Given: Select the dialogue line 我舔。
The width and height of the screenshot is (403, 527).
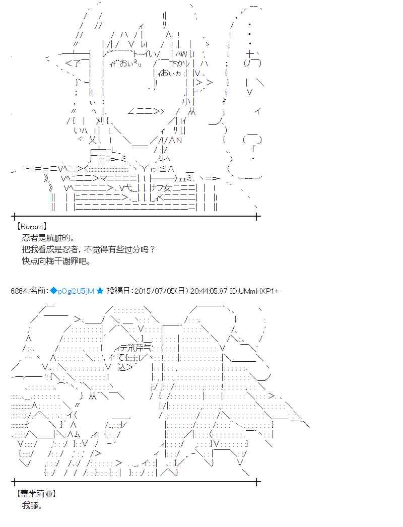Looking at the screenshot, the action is pos(32,505).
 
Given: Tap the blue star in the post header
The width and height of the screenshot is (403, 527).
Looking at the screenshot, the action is pos(100,291).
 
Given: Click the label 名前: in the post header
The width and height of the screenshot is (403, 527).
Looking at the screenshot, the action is pos(38,291).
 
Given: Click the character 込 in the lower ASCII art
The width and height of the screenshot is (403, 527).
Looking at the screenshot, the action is pos(122,368).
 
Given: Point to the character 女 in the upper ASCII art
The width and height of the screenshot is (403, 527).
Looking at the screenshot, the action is pos(158,187).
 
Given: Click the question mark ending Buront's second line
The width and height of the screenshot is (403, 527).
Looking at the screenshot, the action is pos(153,250).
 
